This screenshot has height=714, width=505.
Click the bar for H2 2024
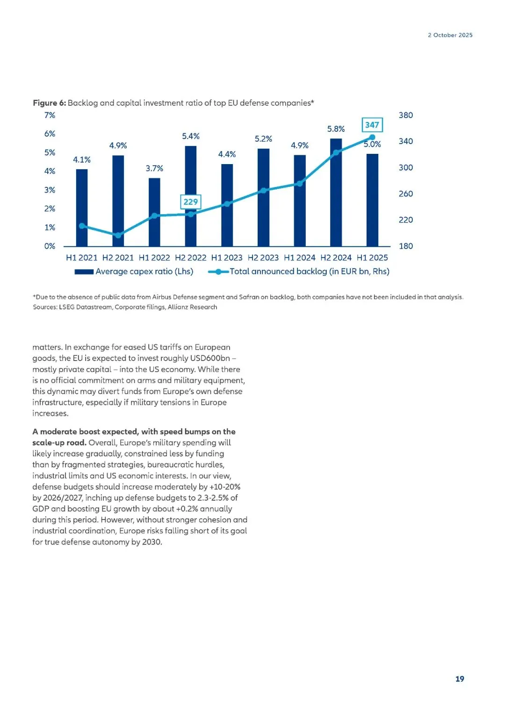336,192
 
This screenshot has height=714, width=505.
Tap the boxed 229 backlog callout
191,202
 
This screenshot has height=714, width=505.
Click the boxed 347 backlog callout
372,125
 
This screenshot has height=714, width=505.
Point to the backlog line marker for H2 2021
118,235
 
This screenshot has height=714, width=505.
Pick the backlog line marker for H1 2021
82,226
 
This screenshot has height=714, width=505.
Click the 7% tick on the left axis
50,115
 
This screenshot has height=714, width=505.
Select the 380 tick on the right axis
405,115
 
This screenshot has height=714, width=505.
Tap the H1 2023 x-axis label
227,258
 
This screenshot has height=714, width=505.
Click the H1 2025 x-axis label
372,258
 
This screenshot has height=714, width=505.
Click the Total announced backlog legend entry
299,272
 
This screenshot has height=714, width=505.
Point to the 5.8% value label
336,129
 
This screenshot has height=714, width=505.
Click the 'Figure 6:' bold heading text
50,103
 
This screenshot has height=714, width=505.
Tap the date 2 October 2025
450,35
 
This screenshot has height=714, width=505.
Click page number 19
460,679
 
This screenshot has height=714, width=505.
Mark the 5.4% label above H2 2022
191,136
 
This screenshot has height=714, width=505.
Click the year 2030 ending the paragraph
151,542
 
